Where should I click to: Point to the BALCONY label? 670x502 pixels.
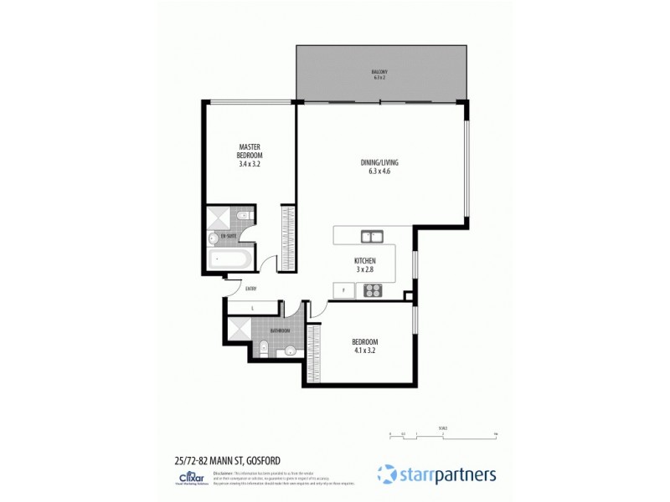(x=379, y=72)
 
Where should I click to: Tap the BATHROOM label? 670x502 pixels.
(x=280, y=330)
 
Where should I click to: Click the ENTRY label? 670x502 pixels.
(x=250, y=289)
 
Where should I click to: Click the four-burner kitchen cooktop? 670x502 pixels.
(x=372, y=291)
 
